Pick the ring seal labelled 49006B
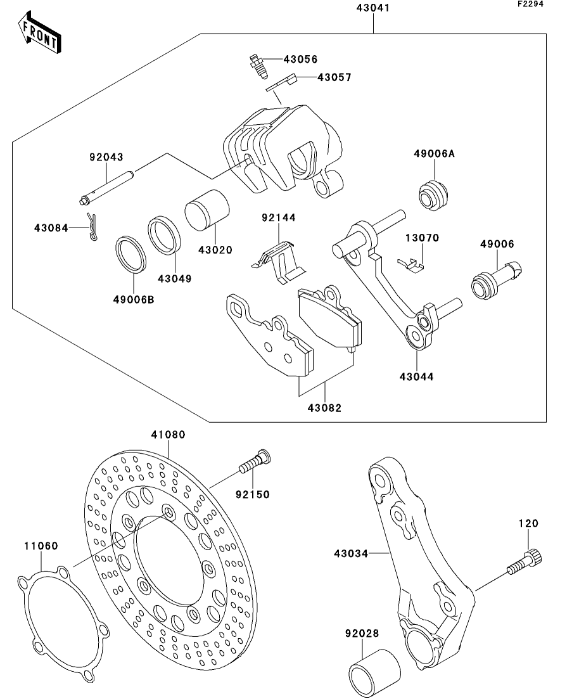coord(131,253)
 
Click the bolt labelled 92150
coord(254,466)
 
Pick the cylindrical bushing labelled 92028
coord(376,672)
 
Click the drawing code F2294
coord(531,4)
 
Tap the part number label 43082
coord(326,408)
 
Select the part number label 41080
coord(168,435)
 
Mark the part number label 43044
coord(417,376)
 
